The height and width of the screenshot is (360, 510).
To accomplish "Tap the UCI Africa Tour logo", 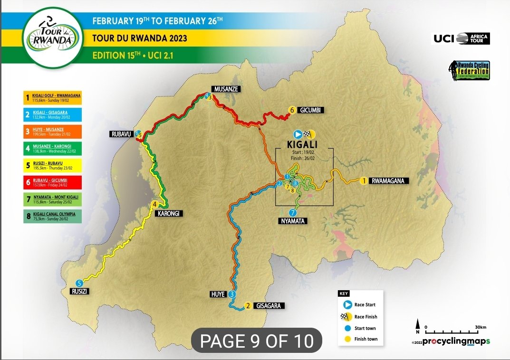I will (x=460, y=38).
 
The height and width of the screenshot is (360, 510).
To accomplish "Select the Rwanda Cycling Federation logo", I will (x=470, y=70).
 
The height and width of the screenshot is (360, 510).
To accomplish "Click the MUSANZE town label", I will (x=225, y=89).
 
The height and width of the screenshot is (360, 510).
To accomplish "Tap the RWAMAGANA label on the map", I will (x=390, y=180).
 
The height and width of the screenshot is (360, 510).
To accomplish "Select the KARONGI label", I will (x=169, y=214).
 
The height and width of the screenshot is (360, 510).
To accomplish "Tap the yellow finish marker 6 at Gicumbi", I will (x=291, y=110).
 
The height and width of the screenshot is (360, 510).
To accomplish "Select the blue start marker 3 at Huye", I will (x=231, y=294).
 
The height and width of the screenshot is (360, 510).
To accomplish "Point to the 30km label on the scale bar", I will (x=480, y=327).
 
